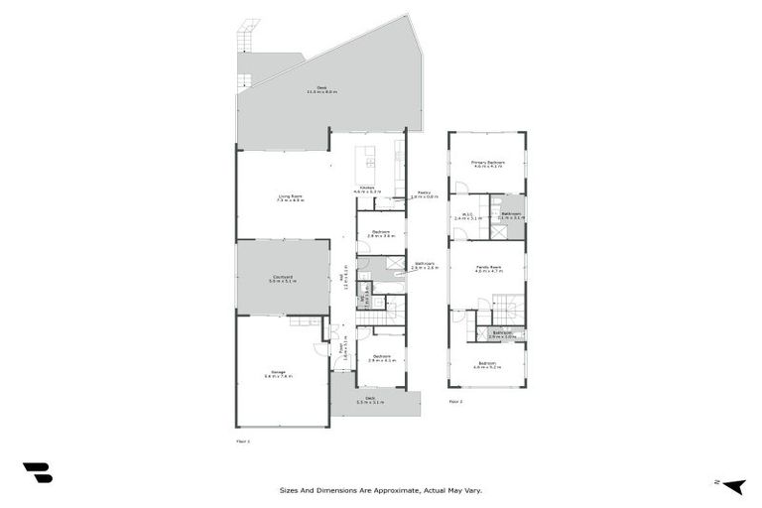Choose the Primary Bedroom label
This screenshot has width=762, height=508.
(488, 164)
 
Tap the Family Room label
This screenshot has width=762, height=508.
(488, 269)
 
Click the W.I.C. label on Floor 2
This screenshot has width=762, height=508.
(466, 215)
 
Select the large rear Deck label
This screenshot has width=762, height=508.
(322, 89)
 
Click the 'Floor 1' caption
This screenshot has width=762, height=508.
(243, 440)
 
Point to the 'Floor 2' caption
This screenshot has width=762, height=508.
(455, 401)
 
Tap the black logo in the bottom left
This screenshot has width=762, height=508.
(38, 473)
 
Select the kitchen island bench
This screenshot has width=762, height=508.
(368, 158)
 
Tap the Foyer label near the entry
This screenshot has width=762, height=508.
(342, 349)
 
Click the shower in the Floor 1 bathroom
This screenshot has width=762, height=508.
(394, 264)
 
